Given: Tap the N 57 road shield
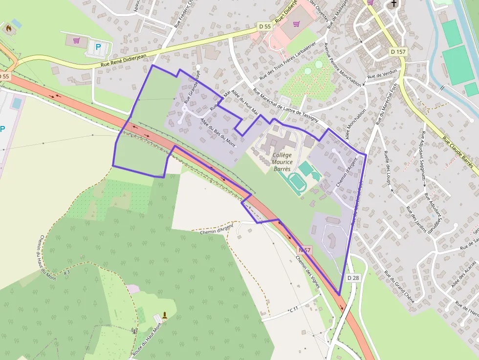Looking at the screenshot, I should tap(305, 250).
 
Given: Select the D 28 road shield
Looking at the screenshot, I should tap(353, 277).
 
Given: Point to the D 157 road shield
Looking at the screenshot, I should tap(398, 51).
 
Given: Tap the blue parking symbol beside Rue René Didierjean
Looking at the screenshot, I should tap(98, 47).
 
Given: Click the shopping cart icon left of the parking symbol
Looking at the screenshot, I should tap(76, 41).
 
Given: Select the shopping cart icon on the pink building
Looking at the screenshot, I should tap(296, 23).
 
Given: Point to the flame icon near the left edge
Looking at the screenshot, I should tap(8, 28).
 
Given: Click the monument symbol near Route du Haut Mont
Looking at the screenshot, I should tap(165, 315).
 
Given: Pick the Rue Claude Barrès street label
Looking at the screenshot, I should tap(459, 155).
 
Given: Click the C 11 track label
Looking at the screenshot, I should tap(294, 310).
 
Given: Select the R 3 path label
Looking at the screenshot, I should tap(66, 272).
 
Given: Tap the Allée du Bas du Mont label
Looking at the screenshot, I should tap(218, 132).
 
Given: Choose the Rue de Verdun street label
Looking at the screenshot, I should tap(382, 74).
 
